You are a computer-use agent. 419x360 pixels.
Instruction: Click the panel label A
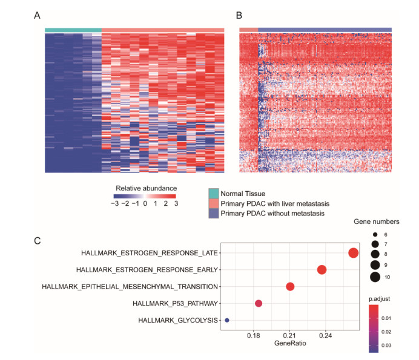38,16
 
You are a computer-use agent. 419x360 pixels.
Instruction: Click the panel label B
239,16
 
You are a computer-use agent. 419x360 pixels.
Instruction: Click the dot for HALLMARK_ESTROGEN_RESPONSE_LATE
354,253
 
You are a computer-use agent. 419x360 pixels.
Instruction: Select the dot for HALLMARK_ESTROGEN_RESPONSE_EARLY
322,270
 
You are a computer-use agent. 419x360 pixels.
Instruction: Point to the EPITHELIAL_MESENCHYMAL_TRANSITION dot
290,287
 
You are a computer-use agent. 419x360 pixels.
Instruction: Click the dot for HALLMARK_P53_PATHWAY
259,303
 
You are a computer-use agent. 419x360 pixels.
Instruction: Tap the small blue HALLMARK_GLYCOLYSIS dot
227,320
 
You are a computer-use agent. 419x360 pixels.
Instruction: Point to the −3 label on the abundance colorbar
115,205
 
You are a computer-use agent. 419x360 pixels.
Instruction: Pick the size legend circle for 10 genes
375,278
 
